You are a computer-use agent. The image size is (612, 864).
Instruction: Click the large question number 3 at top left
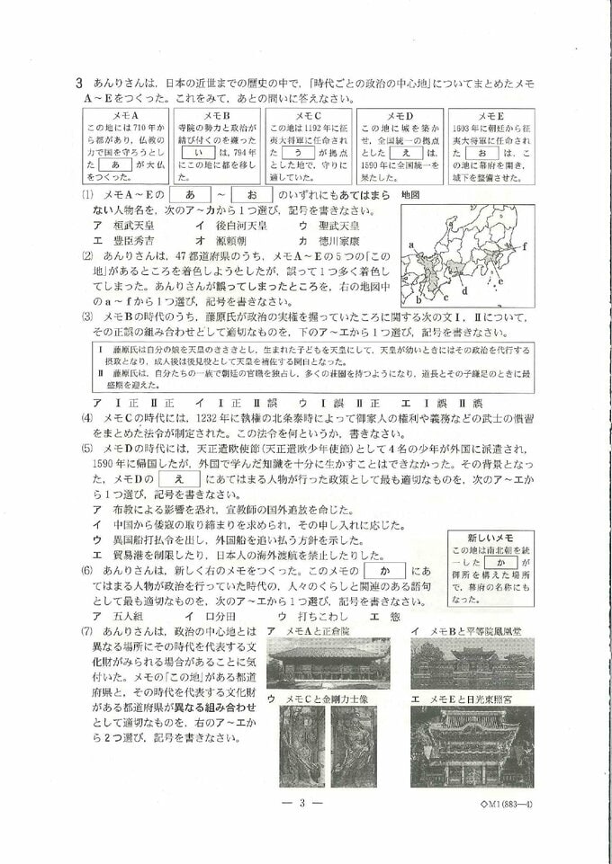80,83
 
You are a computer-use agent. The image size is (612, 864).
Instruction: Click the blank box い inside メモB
198,153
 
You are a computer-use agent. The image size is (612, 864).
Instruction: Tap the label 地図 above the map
414,194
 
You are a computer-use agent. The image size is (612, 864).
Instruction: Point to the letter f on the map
524,244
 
